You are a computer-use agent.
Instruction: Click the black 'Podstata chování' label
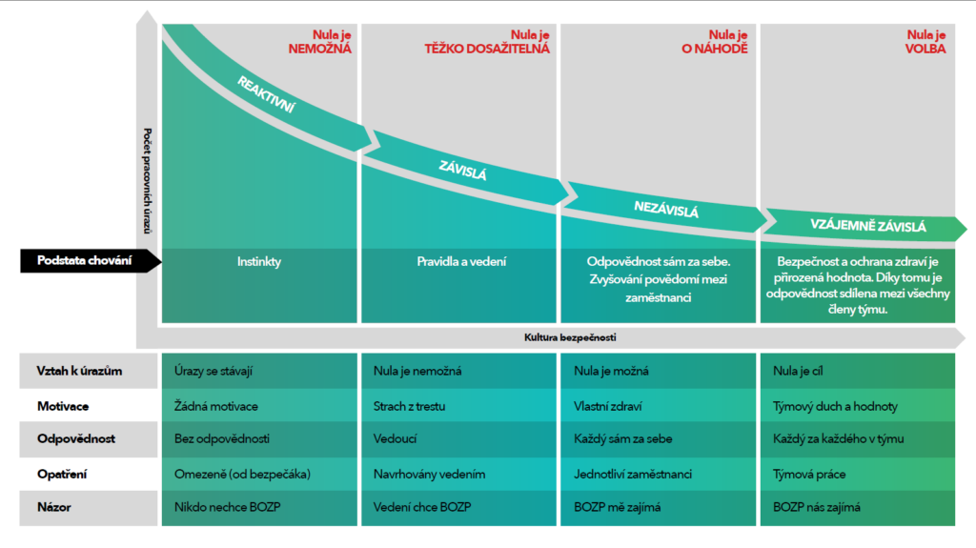point(85,260)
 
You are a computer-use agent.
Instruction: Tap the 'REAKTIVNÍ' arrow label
point(266,96)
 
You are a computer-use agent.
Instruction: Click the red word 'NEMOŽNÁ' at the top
point(320,48)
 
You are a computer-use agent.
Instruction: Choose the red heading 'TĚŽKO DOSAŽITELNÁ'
point(487,48)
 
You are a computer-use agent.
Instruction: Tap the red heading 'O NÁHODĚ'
point(716,48)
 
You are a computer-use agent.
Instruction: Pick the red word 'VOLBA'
point(926,48)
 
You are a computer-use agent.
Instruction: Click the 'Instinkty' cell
point(259,261)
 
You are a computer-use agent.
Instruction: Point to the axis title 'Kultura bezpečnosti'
point(563,337)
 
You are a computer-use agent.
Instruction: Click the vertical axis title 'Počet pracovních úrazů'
point(148,180)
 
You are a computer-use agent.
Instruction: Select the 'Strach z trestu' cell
point(411,406)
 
